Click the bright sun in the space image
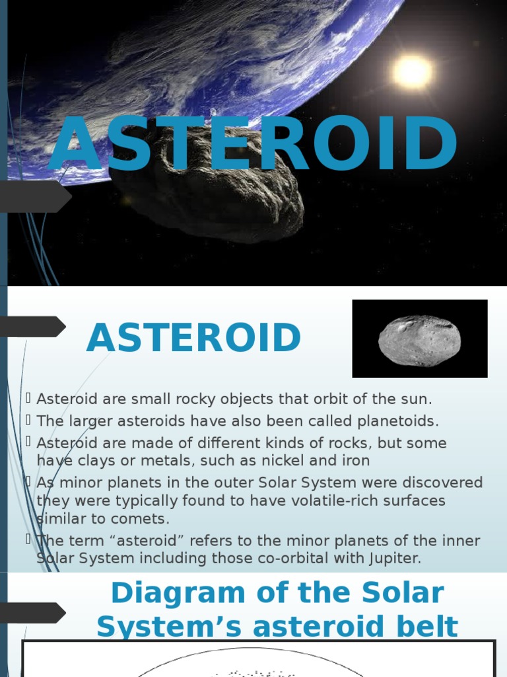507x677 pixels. pos(413,71)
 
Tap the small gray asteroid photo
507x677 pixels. pos(419,340)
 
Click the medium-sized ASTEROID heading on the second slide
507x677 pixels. pos(193,338)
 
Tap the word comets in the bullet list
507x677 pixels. pos(140,518)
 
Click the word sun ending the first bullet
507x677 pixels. pos(415,399)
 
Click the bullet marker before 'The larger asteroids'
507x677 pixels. pos(28,420)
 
